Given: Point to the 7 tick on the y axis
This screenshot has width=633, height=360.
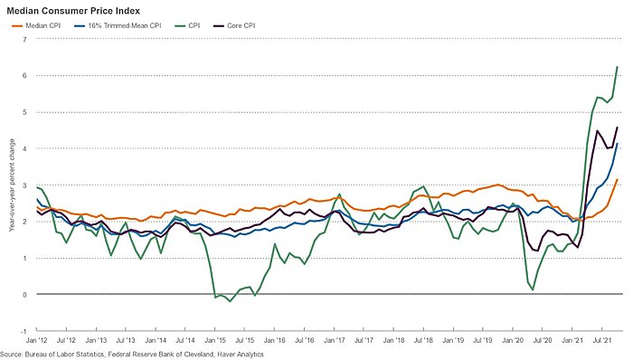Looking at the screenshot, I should (x=25, y=39).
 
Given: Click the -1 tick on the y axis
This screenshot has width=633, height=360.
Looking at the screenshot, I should (x=24, y=331).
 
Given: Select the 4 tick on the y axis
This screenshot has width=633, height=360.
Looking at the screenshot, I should (x=25, y=148).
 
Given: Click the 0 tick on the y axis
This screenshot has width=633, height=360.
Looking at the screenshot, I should (x=25, y=295).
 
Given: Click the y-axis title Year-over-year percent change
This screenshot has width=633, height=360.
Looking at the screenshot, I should (x=12, y=185).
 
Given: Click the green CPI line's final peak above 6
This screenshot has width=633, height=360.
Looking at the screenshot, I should (x=618, y=66).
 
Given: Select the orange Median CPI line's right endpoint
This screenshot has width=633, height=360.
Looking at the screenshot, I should (x=618, y=179).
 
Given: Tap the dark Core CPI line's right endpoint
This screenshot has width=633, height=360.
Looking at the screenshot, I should (x=618, y=128).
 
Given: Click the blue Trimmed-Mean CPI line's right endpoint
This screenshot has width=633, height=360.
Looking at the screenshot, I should (x=618, y=145).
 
